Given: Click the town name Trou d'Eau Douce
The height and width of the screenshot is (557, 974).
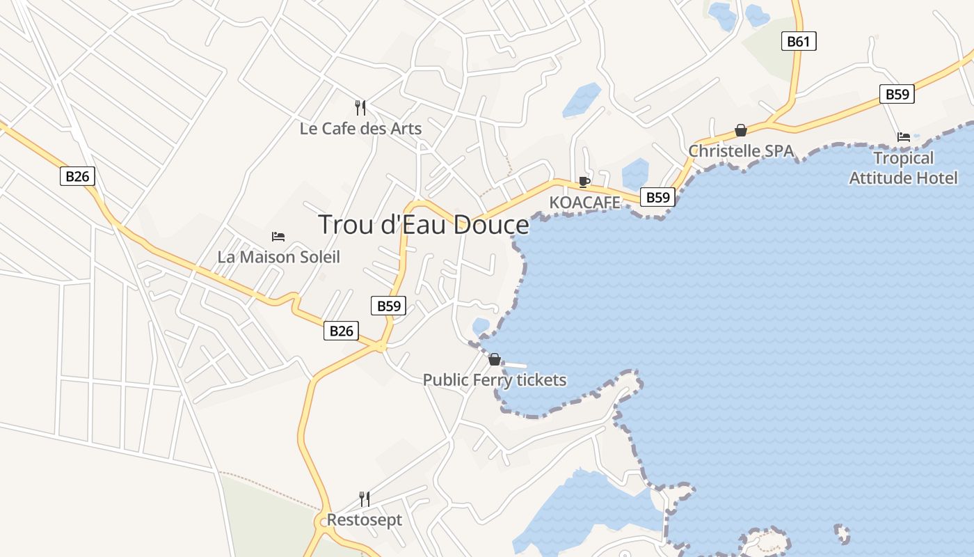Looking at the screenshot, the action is [423, 225].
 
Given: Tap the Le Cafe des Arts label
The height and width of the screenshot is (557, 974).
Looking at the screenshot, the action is [360, 129].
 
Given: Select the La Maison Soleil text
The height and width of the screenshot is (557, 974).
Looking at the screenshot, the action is [278, 257].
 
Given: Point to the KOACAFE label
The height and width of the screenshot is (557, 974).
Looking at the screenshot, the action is [584, 203].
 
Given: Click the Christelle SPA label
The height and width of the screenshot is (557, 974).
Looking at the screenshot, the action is [741, 151].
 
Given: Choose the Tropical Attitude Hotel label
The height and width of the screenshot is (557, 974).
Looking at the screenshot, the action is [903, 168].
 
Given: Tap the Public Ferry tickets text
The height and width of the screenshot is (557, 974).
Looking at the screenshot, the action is [494, 380].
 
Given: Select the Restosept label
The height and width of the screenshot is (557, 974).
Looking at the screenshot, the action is [364, 520].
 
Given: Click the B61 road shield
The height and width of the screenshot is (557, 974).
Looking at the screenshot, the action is [798, 41].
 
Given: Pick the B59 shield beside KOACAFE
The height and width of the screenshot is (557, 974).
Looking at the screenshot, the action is [657, 197].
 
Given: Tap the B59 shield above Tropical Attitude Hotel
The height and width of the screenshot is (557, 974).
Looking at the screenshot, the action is [897, 94].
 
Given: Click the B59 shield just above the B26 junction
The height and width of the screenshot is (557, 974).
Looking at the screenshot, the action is [388, 306].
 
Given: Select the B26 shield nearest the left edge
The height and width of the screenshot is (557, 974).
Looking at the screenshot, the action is [77, 176].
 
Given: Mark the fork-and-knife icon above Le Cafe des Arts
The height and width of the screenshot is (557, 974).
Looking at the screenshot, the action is [360, 107].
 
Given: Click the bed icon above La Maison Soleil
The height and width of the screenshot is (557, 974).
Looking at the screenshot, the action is [278, 237].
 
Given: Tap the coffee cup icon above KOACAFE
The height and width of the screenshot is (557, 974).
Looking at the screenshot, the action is [584, 182].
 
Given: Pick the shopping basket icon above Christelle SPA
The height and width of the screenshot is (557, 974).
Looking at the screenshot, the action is [741, 130].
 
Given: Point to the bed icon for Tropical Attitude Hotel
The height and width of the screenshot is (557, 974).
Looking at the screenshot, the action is [904, 137].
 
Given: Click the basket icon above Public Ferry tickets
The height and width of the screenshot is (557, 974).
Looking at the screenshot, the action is [494, 359].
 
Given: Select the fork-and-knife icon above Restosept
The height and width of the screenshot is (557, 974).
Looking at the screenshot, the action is [364, 499].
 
